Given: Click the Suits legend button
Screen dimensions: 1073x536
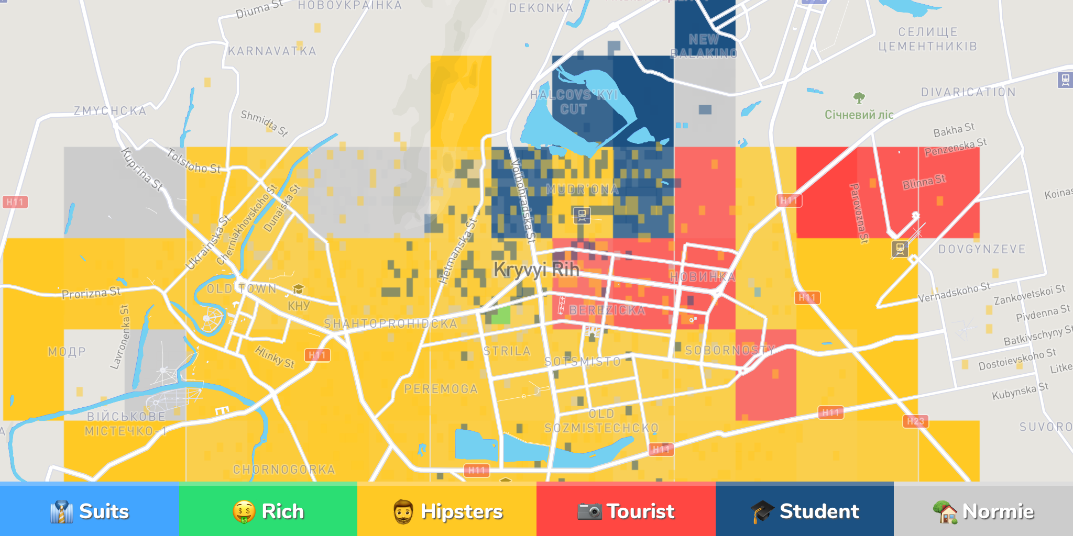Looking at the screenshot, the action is (89, 511).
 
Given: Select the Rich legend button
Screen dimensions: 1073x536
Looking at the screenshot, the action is (268, 511).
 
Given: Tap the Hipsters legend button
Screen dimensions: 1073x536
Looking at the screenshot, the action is (447, 511).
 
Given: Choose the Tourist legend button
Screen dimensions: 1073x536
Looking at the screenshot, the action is (626, 511).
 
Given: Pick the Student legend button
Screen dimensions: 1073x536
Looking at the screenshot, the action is (805, 511).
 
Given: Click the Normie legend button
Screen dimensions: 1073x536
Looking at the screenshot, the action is (983, 511).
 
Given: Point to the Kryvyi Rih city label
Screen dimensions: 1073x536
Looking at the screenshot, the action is (536, 270).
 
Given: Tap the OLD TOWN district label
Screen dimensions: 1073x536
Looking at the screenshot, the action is (242, 289).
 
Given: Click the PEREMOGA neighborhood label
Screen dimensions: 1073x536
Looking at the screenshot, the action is (441, 389).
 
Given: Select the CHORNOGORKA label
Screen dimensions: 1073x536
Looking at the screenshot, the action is (284, 470).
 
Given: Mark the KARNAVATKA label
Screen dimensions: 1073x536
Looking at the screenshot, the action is (272, 51).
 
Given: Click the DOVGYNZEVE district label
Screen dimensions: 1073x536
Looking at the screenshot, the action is (982, 249).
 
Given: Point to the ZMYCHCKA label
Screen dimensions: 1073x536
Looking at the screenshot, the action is (110, 111).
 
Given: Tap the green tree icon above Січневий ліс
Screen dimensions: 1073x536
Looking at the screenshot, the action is (859, 97).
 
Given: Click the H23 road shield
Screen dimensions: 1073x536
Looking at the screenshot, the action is (915, 421).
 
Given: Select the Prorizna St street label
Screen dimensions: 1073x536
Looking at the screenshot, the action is (91, 293).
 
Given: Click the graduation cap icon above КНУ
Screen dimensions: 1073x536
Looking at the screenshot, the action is (298, 289).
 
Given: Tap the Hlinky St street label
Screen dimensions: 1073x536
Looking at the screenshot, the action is (275, 357).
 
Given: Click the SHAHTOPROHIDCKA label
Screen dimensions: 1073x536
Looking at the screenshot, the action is (390, 323).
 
